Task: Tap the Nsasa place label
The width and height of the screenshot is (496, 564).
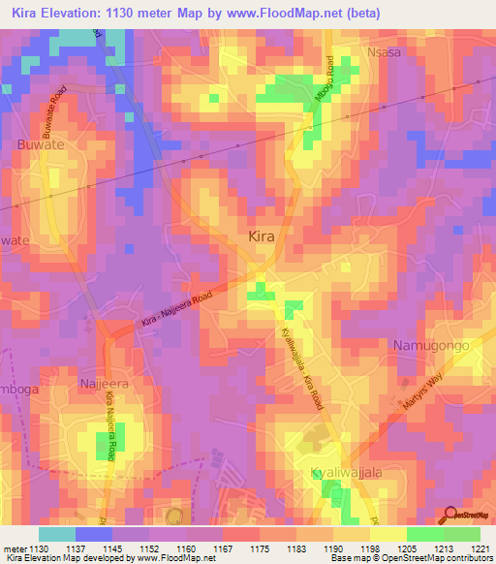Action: (x=383, y=52)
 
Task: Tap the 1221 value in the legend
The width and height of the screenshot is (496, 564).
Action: (x=482, y=549)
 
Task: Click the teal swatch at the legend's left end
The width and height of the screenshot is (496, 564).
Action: (x=56, y=534)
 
